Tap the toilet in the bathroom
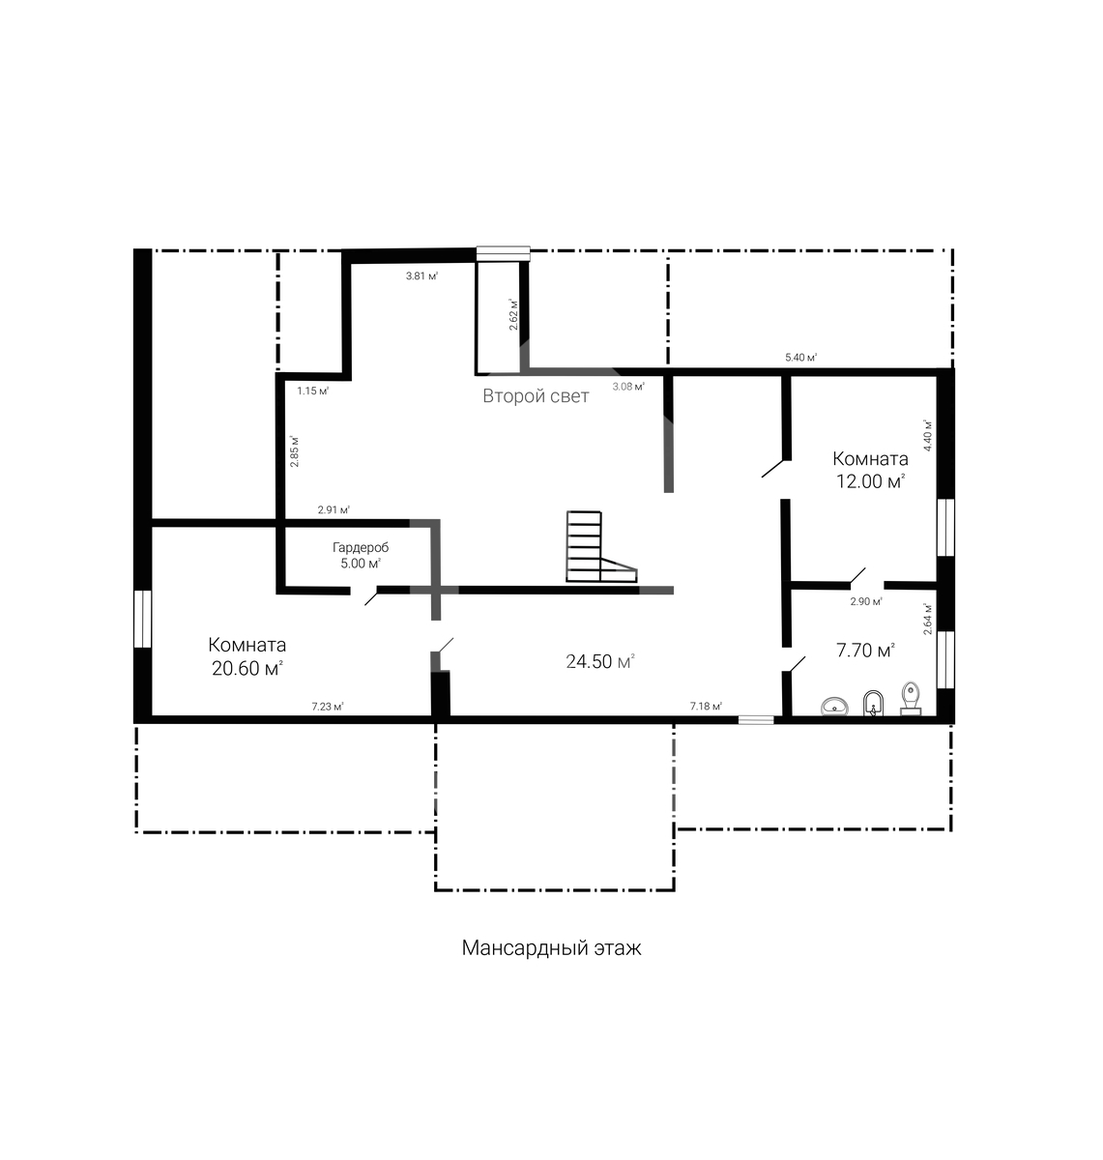coord(911,699)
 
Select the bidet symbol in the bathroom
coord(873,704)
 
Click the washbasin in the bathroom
coord(834,707)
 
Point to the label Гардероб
coord(361,547)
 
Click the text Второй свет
coord(536,396)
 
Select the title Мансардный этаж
coord(551,947)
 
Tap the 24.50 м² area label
coord(600,661)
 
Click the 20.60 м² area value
coord(247,669)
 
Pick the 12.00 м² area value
coord(870,481)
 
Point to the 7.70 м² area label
coord(866,651)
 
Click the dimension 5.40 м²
coord(800,357)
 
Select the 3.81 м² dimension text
coord(421,275)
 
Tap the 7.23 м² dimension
coord(328,707)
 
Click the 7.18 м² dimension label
coord(707,706)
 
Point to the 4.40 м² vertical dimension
coord(927,435)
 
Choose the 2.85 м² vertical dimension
coord(295,451)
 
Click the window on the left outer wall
coord(143,619)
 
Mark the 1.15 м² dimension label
coord(313,391)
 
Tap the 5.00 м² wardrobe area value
coord(361,564)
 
